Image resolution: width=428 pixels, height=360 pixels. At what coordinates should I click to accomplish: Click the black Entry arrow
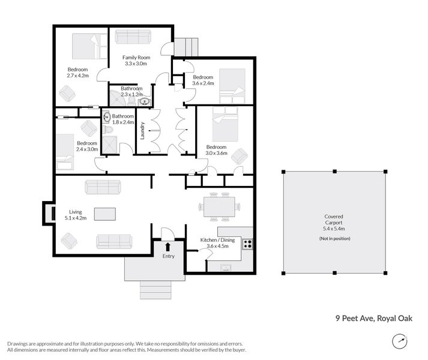[168, 247]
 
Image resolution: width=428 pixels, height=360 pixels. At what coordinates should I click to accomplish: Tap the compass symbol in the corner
[400, 341]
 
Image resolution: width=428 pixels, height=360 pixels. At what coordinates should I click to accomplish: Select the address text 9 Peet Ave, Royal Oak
[374, 318]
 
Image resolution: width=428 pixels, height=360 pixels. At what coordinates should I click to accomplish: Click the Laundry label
[142, 131]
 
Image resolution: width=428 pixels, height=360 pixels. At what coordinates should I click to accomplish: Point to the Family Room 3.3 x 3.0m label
[136, 61]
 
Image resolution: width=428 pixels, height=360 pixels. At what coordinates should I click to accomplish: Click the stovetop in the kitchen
[247, 244]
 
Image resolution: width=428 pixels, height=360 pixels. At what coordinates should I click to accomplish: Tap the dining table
[219, 207]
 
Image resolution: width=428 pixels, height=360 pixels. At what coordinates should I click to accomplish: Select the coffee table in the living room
[105, 214]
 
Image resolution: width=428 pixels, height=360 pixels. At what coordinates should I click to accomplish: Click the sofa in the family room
[133, 37]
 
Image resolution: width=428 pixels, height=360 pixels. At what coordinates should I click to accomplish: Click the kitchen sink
[226, 268]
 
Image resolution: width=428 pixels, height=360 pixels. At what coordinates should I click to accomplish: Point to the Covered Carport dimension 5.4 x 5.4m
[334, 229]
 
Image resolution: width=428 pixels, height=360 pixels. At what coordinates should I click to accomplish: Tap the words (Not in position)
[334, 238]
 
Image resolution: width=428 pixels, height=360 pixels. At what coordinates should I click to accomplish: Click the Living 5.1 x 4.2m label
[76, 215]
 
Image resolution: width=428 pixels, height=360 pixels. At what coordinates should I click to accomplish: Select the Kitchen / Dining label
[217, 240]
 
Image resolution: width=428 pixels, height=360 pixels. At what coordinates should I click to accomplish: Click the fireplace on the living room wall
[49, 214]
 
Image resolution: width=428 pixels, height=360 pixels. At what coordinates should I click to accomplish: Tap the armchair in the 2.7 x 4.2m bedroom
[67, 94]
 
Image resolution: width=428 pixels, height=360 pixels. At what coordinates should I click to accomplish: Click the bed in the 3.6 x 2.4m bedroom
[232, 86]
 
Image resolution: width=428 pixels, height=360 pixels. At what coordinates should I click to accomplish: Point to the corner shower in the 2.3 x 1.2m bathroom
[118, 98]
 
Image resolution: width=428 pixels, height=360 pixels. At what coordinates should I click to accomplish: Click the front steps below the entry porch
[155, 290]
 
